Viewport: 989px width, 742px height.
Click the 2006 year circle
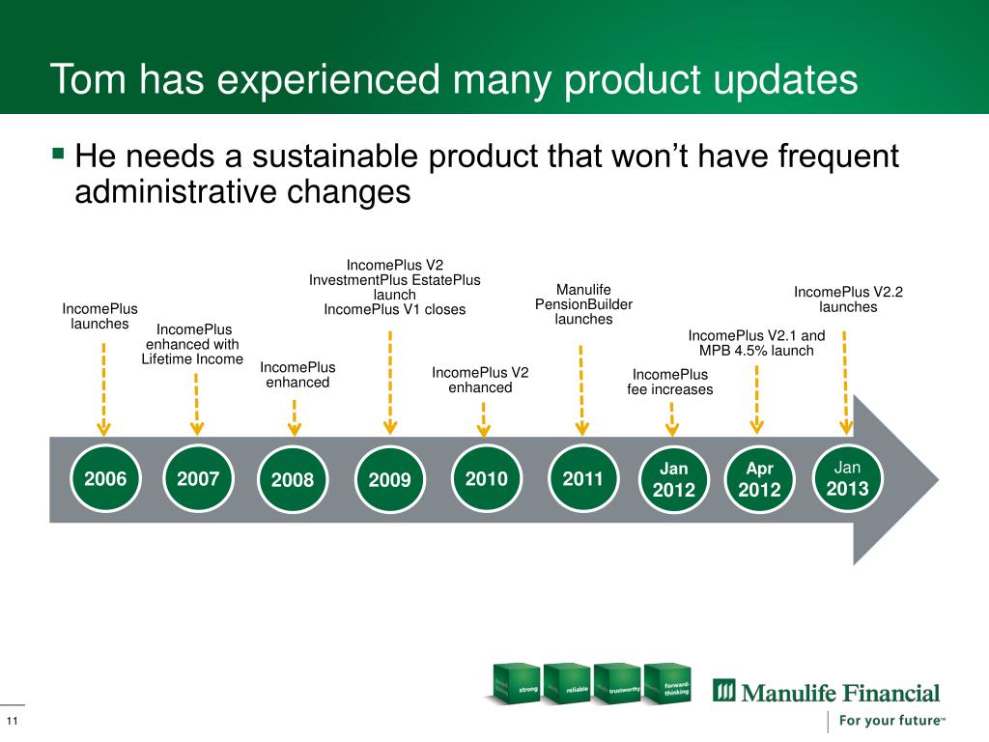(x=105, y=479)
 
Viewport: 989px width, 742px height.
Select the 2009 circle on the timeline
(x=390, y=479)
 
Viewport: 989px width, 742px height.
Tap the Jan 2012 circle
(x=673, y=479)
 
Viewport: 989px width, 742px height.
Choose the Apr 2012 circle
(x=759, y=479)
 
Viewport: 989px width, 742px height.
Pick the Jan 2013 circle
(x=847, y=477)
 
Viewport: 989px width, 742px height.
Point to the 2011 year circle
(x=582, y=478)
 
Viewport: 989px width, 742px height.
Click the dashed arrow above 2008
(x=295, y=417)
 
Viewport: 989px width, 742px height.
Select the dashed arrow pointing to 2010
(x=484, y=419)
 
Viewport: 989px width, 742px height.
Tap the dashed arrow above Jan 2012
(x=672, y=419)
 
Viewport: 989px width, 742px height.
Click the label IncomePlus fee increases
(x=670, y=382)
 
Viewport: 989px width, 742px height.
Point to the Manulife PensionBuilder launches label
(x=583, y=304)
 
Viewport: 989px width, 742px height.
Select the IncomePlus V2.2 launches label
(x=848, y=300)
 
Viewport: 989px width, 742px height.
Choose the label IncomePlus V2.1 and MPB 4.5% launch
(x=756, y=343)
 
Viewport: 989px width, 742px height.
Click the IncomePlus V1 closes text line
(x=395, y=309)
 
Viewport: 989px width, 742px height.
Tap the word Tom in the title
(x=88, y=79)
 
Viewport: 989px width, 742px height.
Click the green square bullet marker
(x=59, y=153)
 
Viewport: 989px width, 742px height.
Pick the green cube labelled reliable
(x=566, y=683)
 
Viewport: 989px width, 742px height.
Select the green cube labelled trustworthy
(x=617, y=683)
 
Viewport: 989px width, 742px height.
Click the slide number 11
(x=12, y=721)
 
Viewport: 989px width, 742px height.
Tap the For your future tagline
(x=891, y=721)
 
